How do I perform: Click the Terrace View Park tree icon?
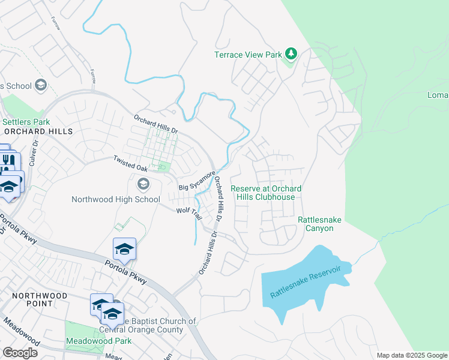click(291, 54)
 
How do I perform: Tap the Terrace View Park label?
click(248, 55)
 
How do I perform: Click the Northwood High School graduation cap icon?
click(143, 184)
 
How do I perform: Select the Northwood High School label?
click(116, 199)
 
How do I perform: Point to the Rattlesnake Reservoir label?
click(309, 281)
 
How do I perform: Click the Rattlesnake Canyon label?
click(319, 224)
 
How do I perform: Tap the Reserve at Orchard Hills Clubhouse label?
click(266, 193)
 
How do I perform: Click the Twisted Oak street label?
click(130, 159)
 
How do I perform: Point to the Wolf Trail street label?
click(187, 211)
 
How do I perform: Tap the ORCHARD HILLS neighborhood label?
click(38, 131)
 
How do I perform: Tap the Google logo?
click(19, 352)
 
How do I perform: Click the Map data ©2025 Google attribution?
click(411, 355)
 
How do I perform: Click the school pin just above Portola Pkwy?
click(124, 248)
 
